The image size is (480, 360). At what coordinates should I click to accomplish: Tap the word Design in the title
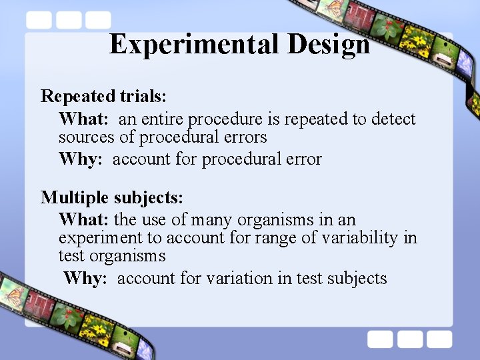pyautogui.click(x=329, y=45)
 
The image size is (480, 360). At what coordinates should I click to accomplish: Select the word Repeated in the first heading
pyautogui.click(x=69, y=97)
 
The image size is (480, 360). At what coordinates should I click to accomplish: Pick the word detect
pyautogui.click(x=393, y=119)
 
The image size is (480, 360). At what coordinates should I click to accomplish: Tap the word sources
pyautogui.click(x=83, y=137)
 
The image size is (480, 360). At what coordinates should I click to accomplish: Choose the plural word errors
pyautogui.click(x=243, y=137)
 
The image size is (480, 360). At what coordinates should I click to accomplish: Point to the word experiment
pyautogui.click(x=102, y=238)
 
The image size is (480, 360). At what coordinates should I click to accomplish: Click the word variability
pyautogui.click(x=360, y=238)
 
